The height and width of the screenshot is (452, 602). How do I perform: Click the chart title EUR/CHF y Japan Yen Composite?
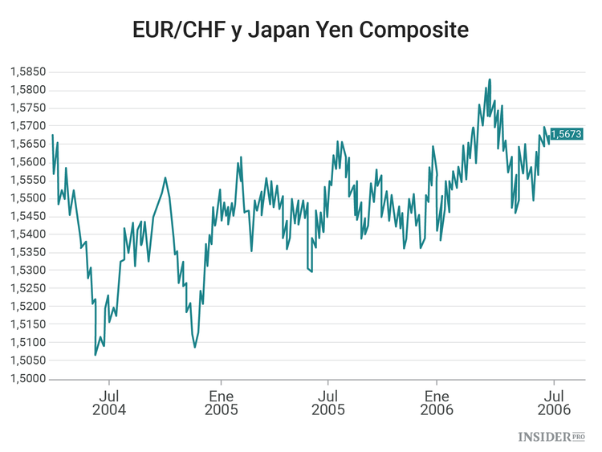pyautogui.click(x=301, y=31)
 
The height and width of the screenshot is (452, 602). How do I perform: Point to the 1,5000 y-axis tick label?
pyautogui.click(x=26, y=379)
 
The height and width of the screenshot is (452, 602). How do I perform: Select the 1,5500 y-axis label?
pyautogui.click(x=26, y=198)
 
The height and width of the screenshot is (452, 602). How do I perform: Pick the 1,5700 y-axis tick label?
pyautogui.click(x=26, y=126)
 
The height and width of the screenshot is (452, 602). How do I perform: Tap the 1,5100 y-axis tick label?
pyautogui.click(x=26, y=343)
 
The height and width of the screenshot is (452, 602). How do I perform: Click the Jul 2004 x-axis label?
pyautogui.click(x=110, y=402)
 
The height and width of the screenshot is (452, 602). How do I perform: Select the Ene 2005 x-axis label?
pyautogui.click(x=221, y=402)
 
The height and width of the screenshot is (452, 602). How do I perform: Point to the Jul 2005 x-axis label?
pyautogui.click(x=327, y=402)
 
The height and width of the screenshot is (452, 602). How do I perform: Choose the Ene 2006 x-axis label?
pyautogui.click(x=437, y=402)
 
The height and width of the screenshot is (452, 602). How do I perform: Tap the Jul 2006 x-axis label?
pyautogui.click(x=554, y=402)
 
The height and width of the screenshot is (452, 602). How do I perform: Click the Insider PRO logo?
pyautogui.click(x=551, y=437)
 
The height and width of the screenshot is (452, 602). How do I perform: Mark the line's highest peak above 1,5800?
pyautogui.click(x=490, y=79)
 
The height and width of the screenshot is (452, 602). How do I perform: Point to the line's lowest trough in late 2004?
pyautogui.click(x=194, y=347)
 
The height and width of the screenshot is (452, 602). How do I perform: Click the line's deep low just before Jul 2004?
pyautogui.click(x=96, y=355)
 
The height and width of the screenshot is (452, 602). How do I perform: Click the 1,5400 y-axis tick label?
pyautogui.click(x=26, y=234)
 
